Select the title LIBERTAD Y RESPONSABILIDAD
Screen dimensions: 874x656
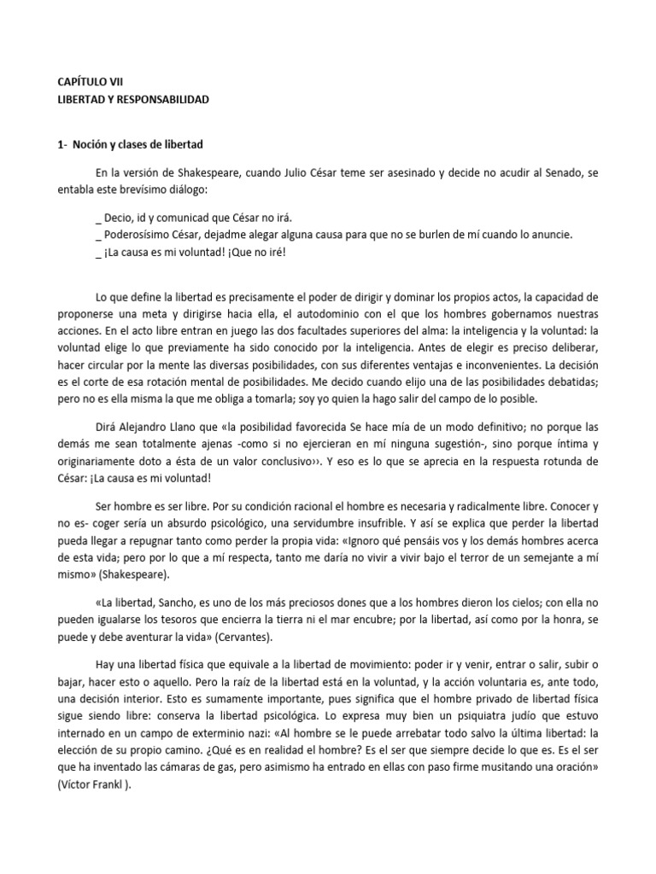(128, 99)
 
